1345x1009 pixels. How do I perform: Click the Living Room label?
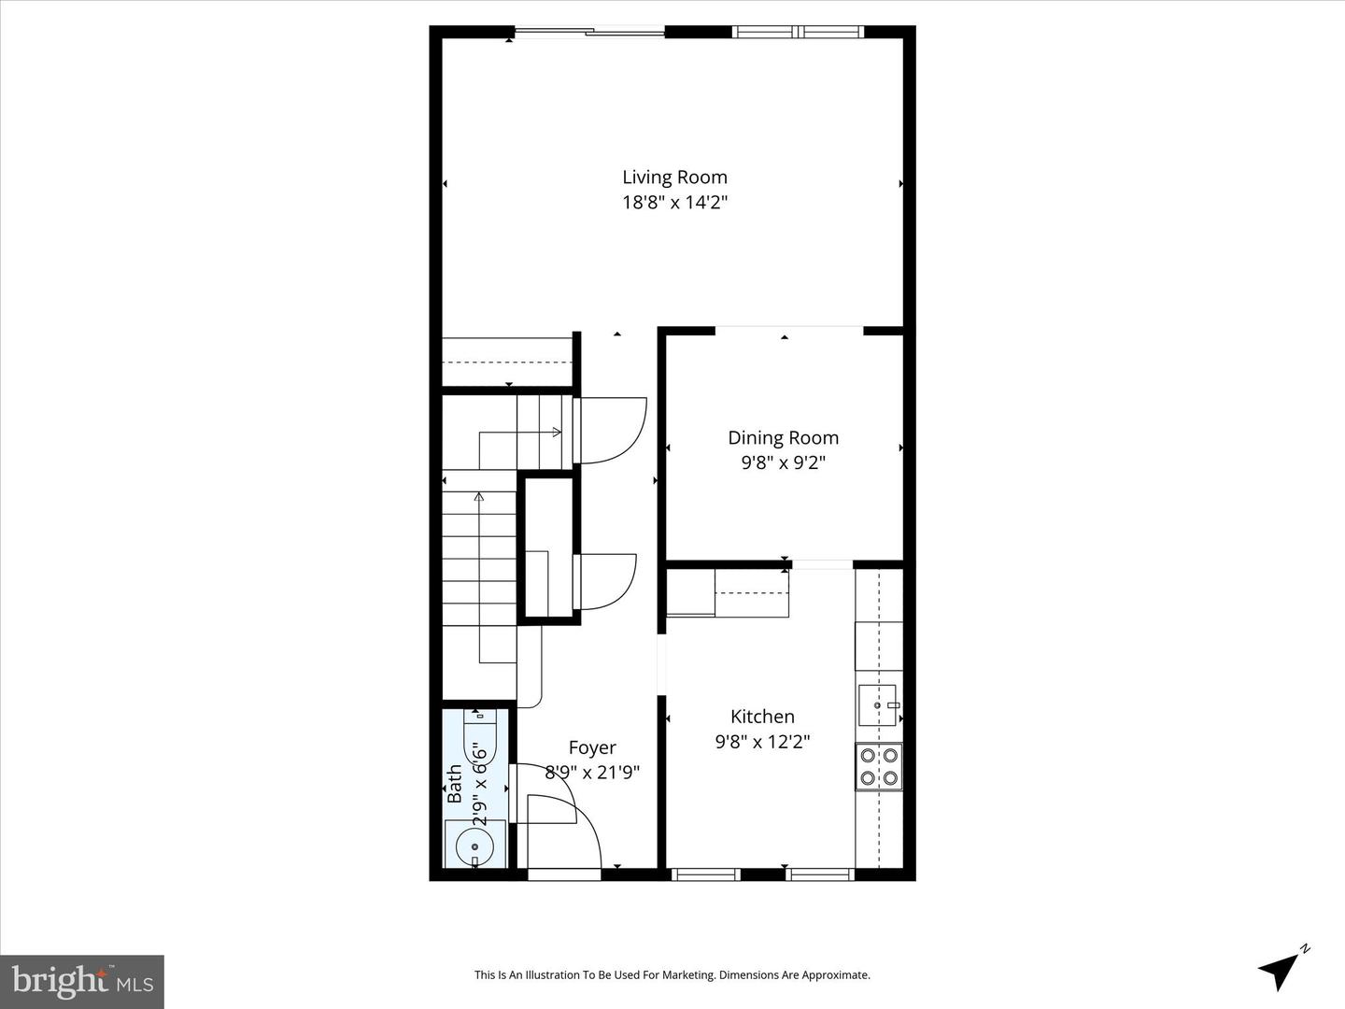point(674,178)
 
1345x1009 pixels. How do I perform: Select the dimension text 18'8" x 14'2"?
point(674,202)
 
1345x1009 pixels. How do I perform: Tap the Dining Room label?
point(783,437)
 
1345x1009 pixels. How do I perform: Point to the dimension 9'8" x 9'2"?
point(783,462)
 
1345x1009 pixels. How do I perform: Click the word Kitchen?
point(762,717)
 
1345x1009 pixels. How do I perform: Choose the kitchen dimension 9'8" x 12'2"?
point(762,742)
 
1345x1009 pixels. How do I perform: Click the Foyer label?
point(592,747)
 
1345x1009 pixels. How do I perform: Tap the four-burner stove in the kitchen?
point(879,766)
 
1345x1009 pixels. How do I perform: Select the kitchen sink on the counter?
point(878,705)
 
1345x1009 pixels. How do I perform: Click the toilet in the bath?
point(479,738)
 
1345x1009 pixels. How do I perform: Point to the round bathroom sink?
point(474,846)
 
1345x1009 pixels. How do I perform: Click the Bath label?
point(455,784)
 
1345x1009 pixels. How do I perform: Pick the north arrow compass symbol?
point(1281,968)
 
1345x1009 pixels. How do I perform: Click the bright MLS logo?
point(82,981)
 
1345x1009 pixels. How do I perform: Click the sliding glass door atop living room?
point(590,33)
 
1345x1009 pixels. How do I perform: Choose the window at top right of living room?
point(798,33)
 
